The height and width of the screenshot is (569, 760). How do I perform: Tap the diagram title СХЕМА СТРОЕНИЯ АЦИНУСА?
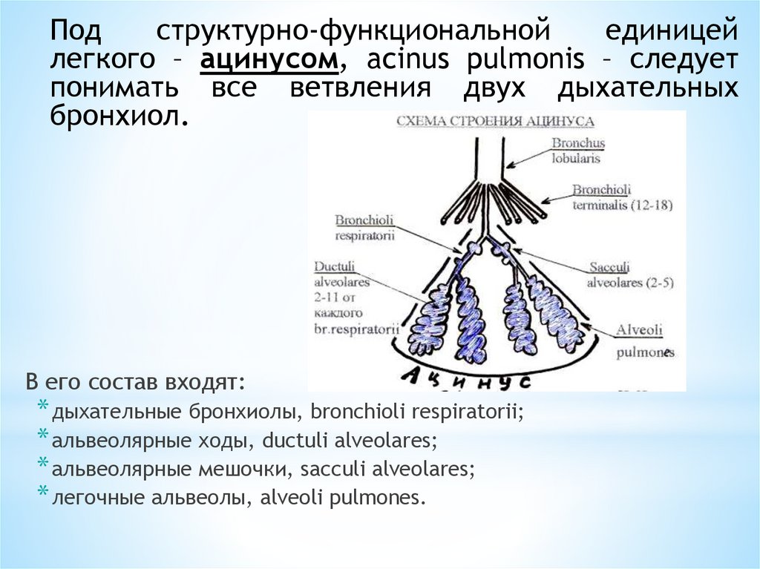(494, 121)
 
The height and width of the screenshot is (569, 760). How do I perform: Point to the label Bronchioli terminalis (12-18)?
(621, 197)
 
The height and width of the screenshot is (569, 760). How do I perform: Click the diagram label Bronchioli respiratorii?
(364, 227)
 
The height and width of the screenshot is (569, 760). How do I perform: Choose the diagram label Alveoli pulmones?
(641, 341)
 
